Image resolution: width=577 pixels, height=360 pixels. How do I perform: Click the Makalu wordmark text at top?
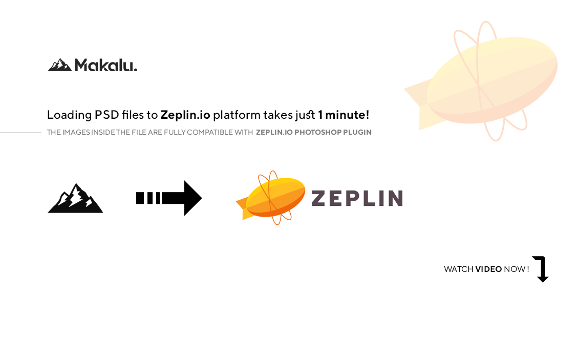pos(106,65)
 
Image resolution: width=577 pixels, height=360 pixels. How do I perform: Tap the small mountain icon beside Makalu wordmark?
pos(59,65)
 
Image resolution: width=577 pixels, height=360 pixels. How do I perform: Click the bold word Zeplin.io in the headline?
pos(185,115)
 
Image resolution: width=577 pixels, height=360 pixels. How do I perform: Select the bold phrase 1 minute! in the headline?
pos(344,115)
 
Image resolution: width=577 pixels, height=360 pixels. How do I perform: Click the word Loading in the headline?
pos(69,115)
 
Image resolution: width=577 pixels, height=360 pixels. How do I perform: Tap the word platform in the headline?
pos(237,115)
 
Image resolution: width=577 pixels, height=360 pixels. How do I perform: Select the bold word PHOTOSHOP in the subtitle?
pos(317,132)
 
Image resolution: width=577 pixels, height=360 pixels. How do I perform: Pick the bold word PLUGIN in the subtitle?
pos(357,132)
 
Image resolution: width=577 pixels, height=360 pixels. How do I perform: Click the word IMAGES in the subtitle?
pos(76,132)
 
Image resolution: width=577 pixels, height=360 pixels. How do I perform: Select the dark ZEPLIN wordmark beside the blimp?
pos(357,198)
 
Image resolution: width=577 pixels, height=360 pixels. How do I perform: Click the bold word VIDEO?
pos(488,269)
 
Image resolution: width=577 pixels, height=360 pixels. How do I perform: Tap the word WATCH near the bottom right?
pos(458,269)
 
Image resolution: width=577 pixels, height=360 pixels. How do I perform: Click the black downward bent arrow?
pos(541,269)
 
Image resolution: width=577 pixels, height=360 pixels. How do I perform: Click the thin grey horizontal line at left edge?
pos(20,132)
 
